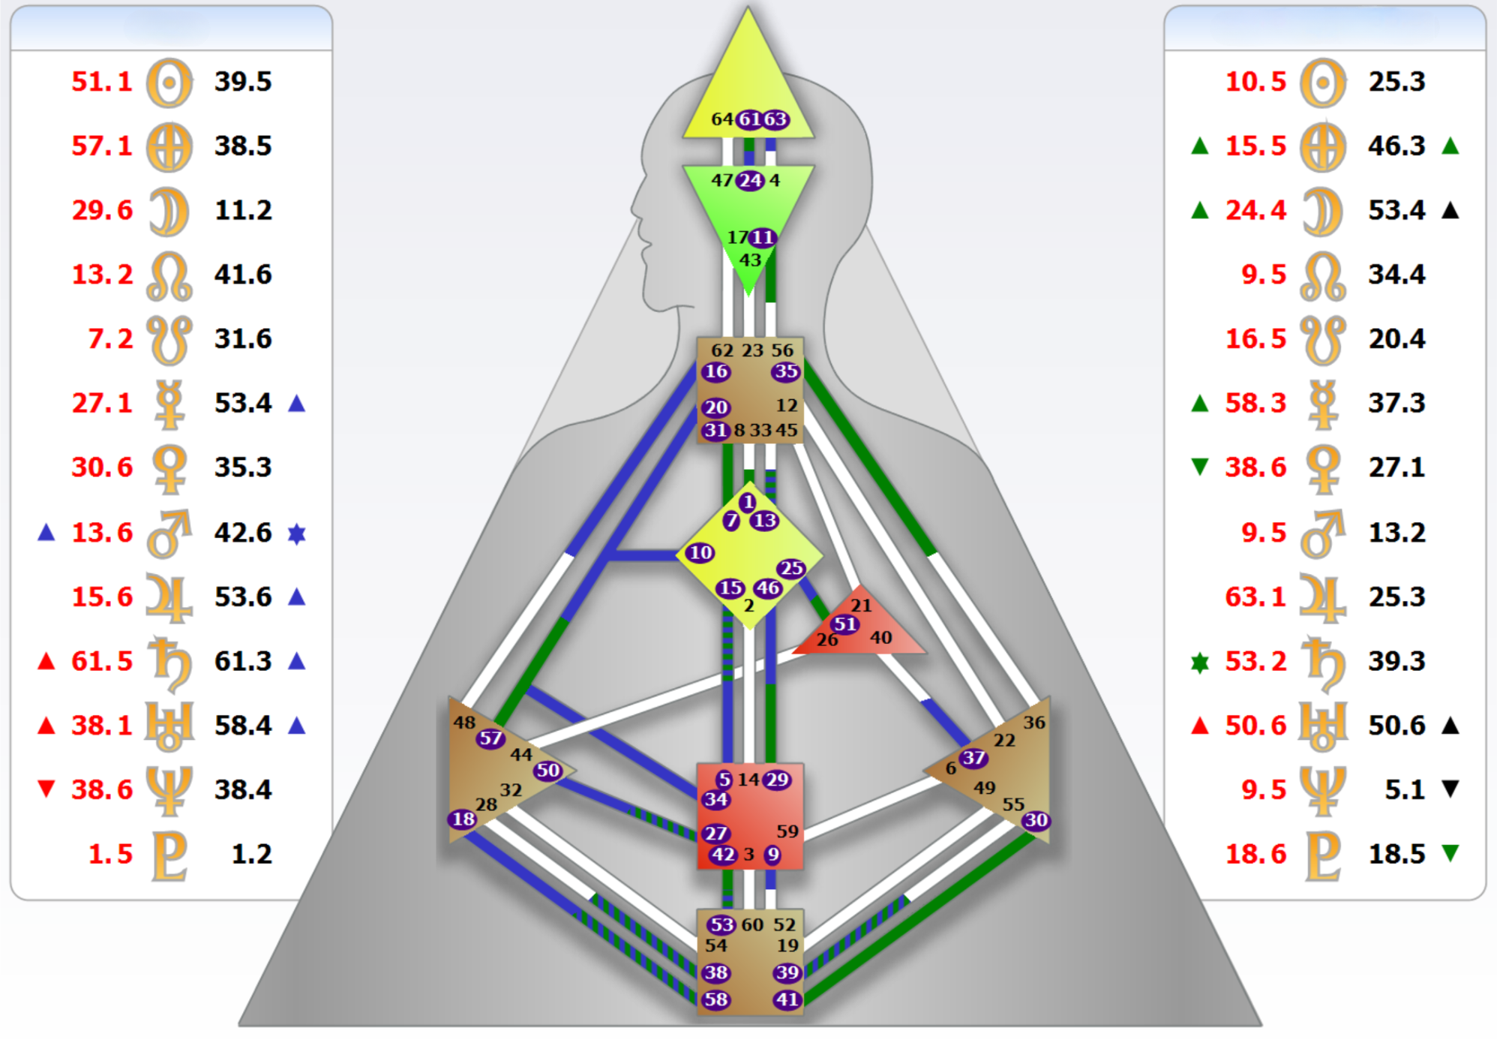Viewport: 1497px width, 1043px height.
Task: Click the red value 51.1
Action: click(x=101, y=81)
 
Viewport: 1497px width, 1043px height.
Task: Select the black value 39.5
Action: click(x=243, y=81)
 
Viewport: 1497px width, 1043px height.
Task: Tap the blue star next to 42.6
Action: click(x=297, y=534)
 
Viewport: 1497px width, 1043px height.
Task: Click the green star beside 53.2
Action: click(x=1200, y=662)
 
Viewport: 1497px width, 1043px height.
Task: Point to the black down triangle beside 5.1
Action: click(x=1450, y=789)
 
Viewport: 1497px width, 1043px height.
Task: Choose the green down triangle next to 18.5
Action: click(x=1450, y=852)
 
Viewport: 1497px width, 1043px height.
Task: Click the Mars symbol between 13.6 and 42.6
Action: click(x=169, y=534)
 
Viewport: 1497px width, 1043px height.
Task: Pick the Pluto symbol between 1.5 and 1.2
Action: click(x=169, y=855)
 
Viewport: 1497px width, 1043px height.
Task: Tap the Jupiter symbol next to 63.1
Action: click(x=1323, y=598)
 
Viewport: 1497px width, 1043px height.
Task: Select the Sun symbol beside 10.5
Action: click(x=1323, y=83)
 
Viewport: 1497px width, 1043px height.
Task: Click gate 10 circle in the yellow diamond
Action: click(x=700, y=553)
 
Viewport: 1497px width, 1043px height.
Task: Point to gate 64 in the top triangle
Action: click(x=722, y=119)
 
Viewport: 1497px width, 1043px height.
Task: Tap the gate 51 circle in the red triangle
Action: click(x=845, y=624)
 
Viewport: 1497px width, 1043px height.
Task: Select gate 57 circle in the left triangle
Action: click(x=490, y=738)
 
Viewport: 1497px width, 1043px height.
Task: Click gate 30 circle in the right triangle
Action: click(x=1036, y=820)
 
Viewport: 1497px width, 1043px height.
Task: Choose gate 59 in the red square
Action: click(x=787, y=831)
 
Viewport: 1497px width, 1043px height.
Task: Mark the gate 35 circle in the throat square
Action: click(x=787, y=371)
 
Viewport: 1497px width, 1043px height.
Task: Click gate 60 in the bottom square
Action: click(x=752, y=924)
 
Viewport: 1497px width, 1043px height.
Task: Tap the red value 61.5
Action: click(x=101, y=661)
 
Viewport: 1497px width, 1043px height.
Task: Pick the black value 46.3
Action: click(x=1396, y=146)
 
